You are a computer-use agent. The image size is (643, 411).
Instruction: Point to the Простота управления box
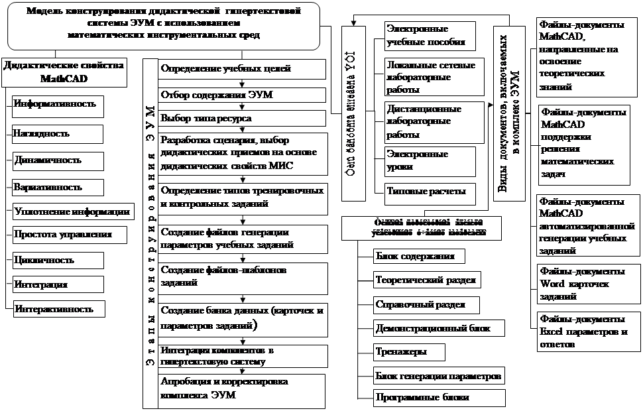[63, 234]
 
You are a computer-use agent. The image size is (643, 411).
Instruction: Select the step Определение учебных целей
[242, 68]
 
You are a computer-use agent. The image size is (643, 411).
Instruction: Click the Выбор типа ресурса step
[242, 118]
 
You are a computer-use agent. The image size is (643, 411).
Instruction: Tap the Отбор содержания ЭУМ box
[242, 94]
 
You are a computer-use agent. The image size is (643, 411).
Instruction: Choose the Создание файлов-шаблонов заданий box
[242, 276]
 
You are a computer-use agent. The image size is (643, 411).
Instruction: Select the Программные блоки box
[421, 398]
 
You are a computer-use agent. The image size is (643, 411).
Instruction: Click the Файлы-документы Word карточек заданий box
[581, 284]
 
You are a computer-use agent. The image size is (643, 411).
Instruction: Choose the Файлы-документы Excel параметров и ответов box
[581, 331]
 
